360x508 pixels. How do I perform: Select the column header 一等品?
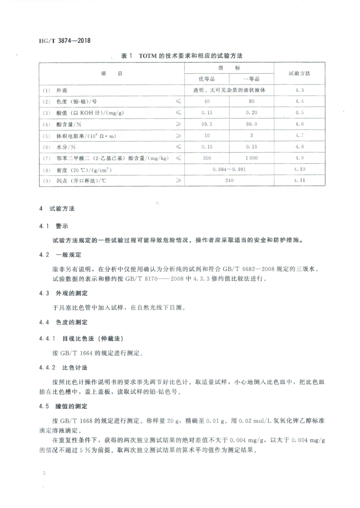pyautogui.click(x=251, y=79)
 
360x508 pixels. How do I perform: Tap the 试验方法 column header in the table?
pyautogui.click(x=299, y=74)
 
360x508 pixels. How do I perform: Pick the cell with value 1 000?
pyautogui.click(x=251, y=158)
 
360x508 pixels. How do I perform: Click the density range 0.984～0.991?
pyautogui.click(x=229, y=169)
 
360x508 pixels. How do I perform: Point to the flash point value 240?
pyautogui.click(x=229, y=181)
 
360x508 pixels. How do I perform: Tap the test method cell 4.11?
pyautogui.click(x=299, y=181)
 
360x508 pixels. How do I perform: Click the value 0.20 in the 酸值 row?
pyautogui.click(x=251, y=113)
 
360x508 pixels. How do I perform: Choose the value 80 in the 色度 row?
pyautogui.click(x=251, y=102)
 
